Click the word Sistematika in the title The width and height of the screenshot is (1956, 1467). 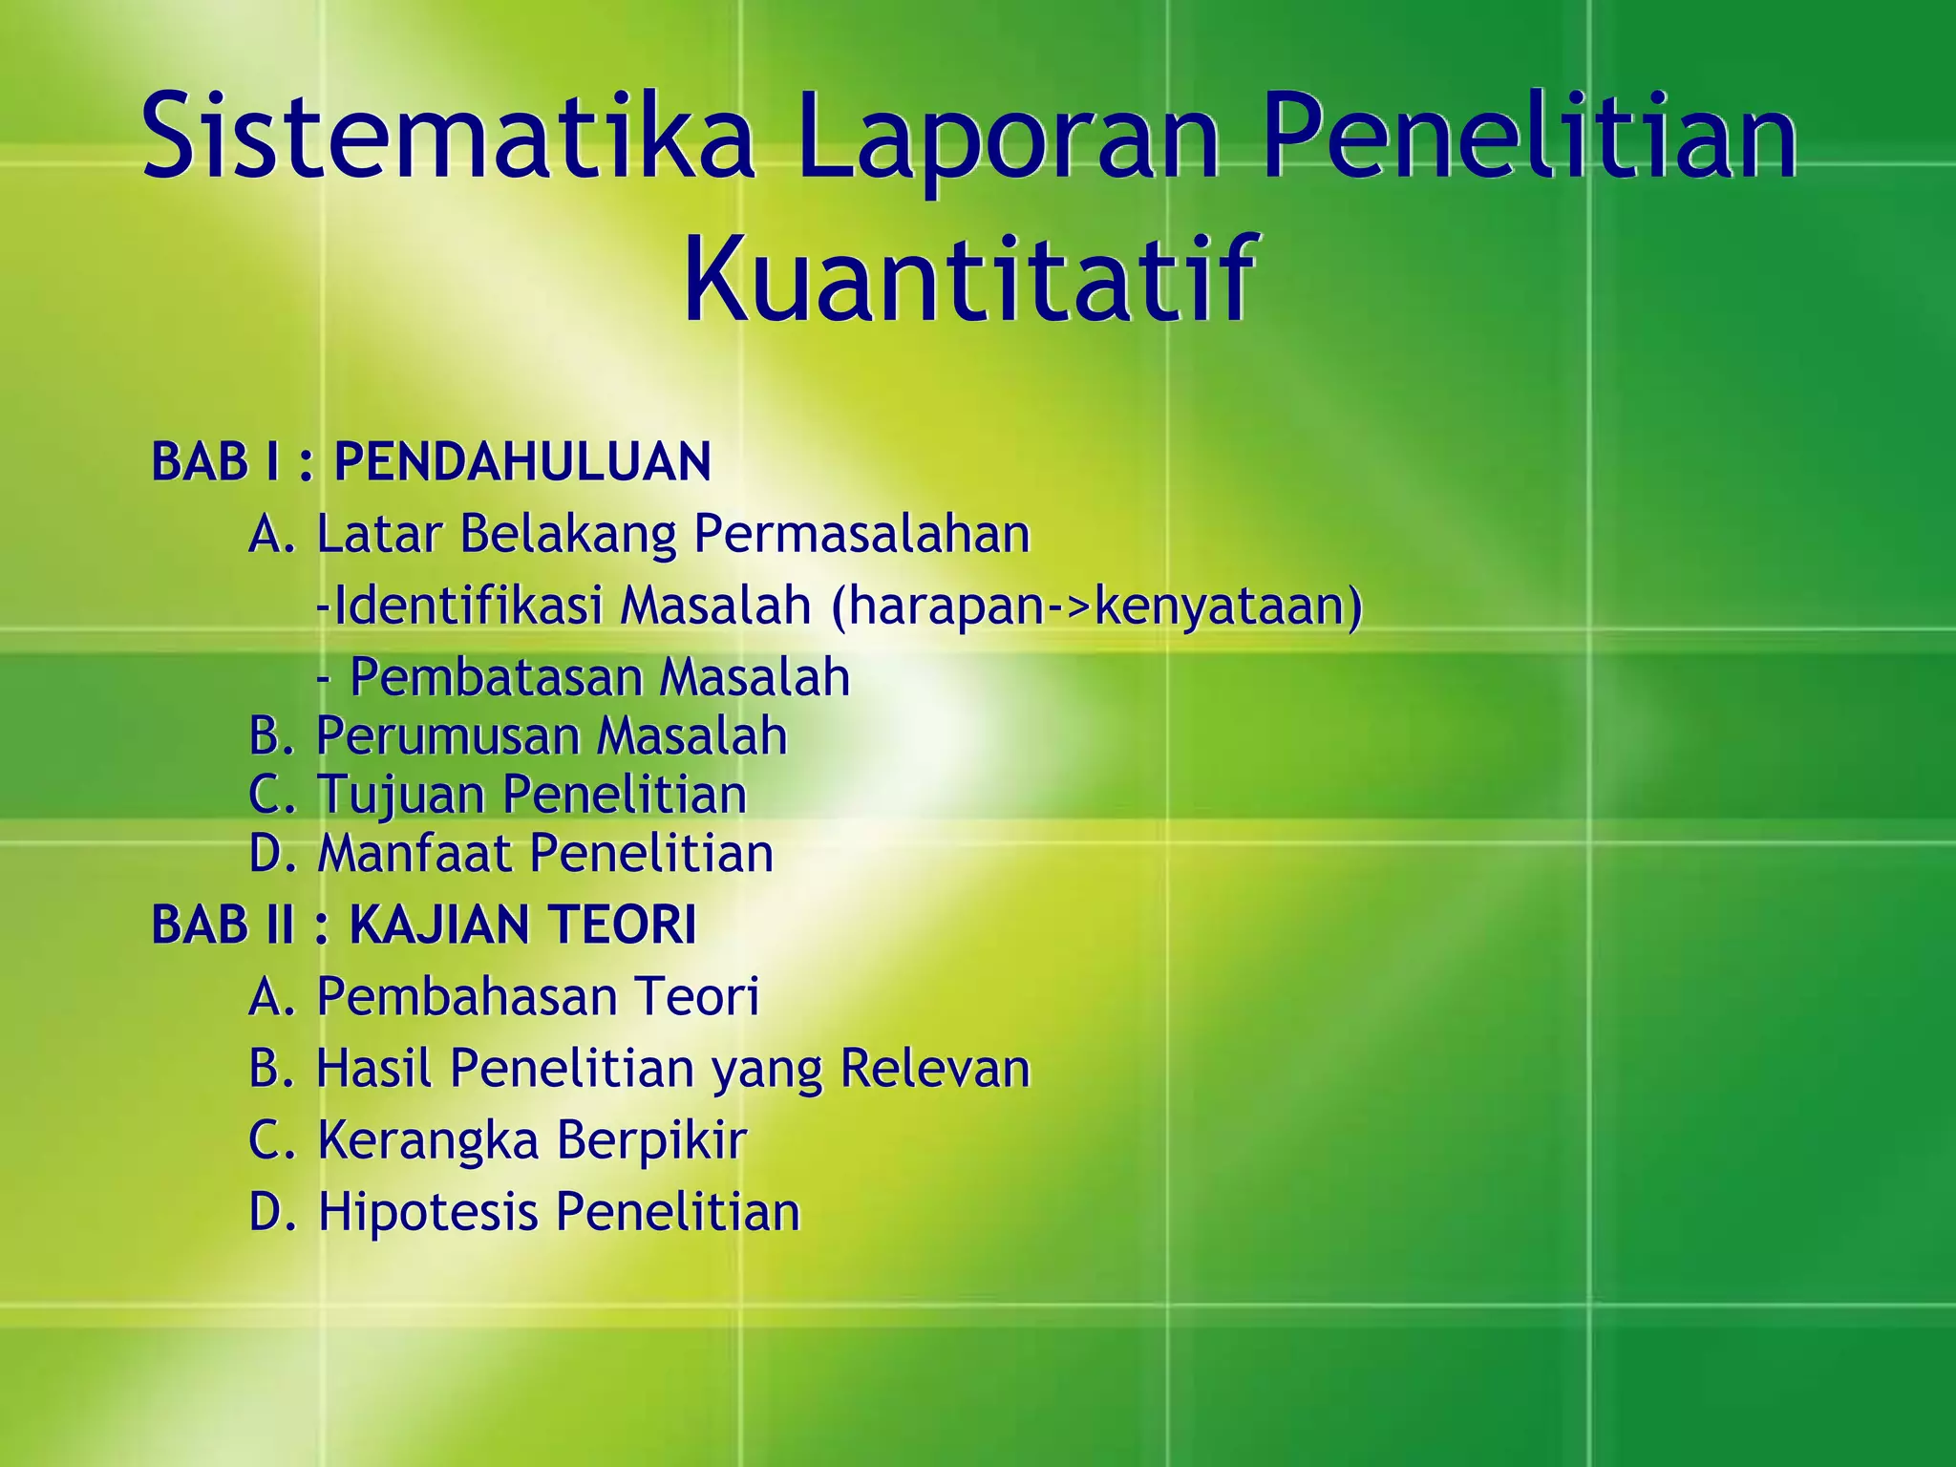(x=449, y=136)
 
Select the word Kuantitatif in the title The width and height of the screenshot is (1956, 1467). (x=967, y=279)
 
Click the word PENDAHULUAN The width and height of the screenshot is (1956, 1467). (x=522, y=462)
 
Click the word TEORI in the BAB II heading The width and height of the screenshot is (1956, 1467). (x=621, y=925)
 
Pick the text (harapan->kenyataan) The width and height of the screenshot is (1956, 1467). (x=1096, y=606)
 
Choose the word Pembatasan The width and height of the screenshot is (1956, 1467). (x=496, y=677)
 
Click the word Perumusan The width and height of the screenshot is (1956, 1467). (x=447, y=736)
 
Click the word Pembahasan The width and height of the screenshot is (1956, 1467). (x=467, y=996)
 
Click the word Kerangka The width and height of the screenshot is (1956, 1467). (x=428, y=1139)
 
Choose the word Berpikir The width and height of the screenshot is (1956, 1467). (x=650, y=1139)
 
